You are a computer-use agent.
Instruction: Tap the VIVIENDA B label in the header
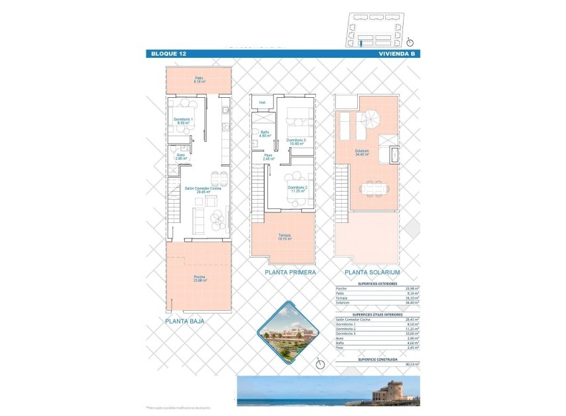click(396, 54)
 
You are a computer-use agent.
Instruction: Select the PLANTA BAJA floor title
click(186, 321)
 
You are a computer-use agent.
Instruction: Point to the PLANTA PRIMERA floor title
click(290, 272)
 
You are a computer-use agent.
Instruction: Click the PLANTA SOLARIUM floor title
click(372, 272)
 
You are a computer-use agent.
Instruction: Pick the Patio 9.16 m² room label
click(199, 80)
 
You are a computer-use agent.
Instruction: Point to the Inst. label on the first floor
click(263, 103)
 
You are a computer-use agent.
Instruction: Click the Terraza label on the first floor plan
click(283, 236)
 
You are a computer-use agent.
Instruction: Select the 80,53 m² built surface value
click(412, 364)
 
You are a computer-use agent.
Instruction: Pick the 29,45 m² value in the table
click(412, 319)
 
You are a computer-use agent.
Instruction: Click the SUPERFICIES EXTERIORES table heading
click(376, 283)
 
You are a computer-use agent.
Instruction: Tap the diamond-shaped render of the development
click(289, 332)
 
